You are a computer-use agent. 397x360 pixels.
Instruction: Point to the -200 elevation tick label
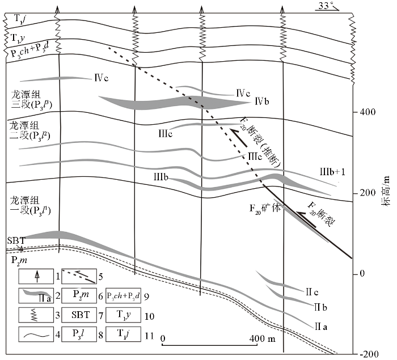click(x=369, y=354)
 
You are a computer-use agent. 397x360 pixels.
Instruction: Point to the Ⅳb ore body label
click(x=261, y=101)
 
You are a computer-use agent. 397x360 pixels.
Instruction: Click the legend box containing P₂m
click(x=80, y=295)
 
